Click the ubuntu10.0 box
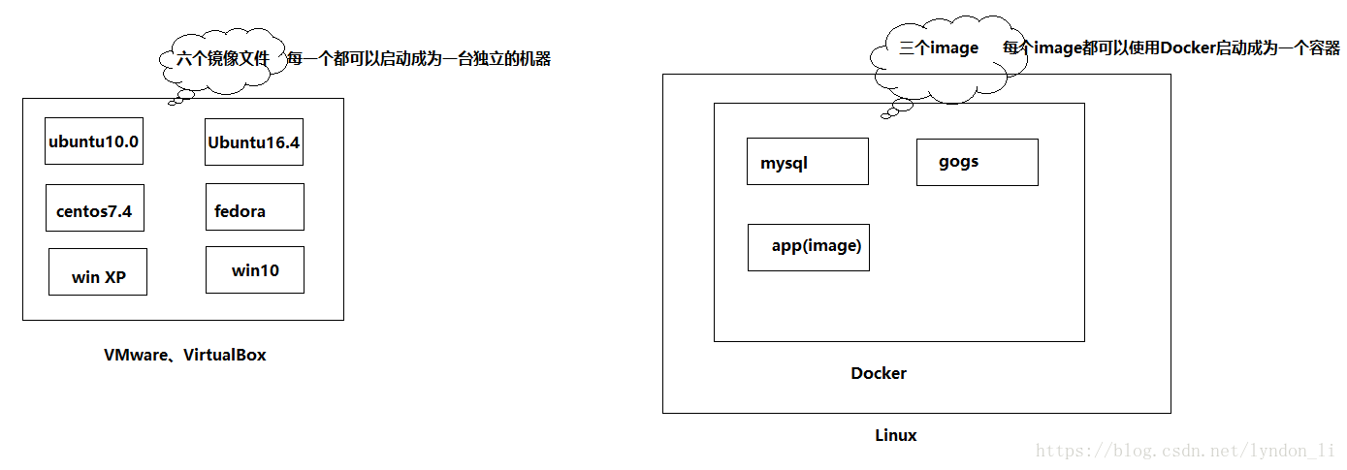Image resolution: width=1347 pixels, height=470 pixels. click(x=94, y=141)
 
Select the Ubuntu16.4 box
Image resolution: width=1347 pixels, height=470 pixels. click(x=254, y=141)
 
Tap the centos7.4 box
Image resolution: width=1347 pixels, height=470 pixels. click(x=95, y=208)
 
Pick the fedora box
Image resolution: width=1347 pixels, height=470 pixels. click(x=255, y=206)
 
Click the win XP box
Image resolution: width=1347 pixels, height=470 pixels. click(x=98, y=271)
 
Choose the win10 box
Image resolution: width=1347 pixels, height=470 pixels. click(x=255, y=269)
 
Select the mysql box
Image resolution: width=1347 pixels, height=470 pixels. click(x=808, y=161)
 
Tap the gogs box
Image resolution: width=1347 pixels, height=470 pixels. click(x=978, y=162)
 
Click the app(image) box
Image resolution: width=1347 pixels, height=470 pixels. click(x=809, y=248)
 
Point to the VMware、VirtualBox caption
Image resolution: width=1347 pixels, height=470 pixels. click(x=184, y=355)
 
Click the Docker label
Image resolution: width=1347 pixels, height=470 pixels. click(x=879, y=373)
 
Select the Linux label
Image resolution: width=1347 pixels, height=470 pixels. click(x=896, y=435)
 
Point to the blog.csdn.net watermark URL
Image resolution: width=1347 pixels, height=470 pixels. click(x=1185, y=451)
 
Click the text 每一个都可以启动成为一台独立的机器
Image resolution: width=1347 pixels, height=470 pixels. click(x=419, y=58)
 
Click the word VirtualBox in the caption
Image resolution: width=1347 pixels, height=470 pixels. click(x=225, y=355)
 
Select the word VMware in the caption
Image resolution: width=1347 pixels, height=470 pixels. click(x=136, y=355)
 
